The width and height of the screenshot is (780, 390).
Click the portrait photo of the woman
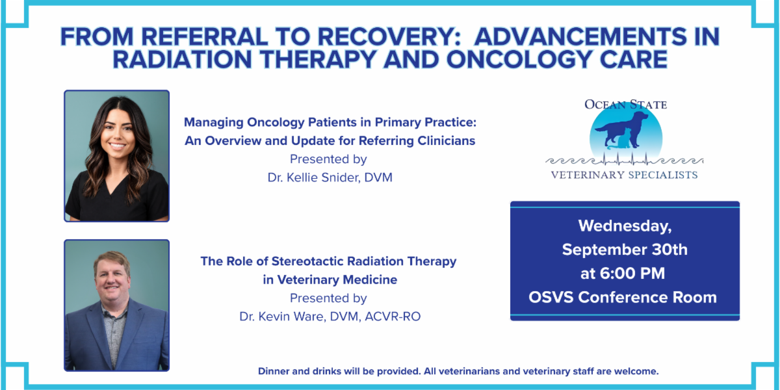[x=116, y=156]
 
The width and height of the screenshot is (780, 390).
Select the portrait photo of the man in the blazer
[x=116, y=305]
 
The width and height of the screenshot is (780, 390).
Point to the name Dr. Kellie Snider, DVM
[x=330, y=177]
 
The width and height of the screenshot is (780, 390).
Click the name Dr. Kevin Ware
[x=283, y=317]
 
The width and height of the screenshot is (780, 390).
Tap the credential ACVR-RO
[x=393, y=317]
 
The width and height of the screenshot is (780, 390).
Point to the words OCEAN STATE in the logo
[x=626, y=105]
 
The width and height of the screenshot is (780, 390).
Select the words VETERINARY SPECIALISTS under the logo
[x=625, y=175]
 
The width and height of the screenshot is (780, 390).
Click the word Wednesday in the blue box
[x=625, y=226]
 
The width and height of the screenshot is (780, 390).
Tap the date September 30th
[x=625, y=250]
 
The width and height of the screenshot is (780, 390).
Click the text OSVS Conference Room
[x=623, y=298]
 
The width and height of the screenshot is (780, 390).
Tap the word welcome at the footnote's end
[x=636, y=371]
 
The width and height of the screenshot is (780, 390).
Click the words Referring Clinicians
[x=417, y=141]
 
